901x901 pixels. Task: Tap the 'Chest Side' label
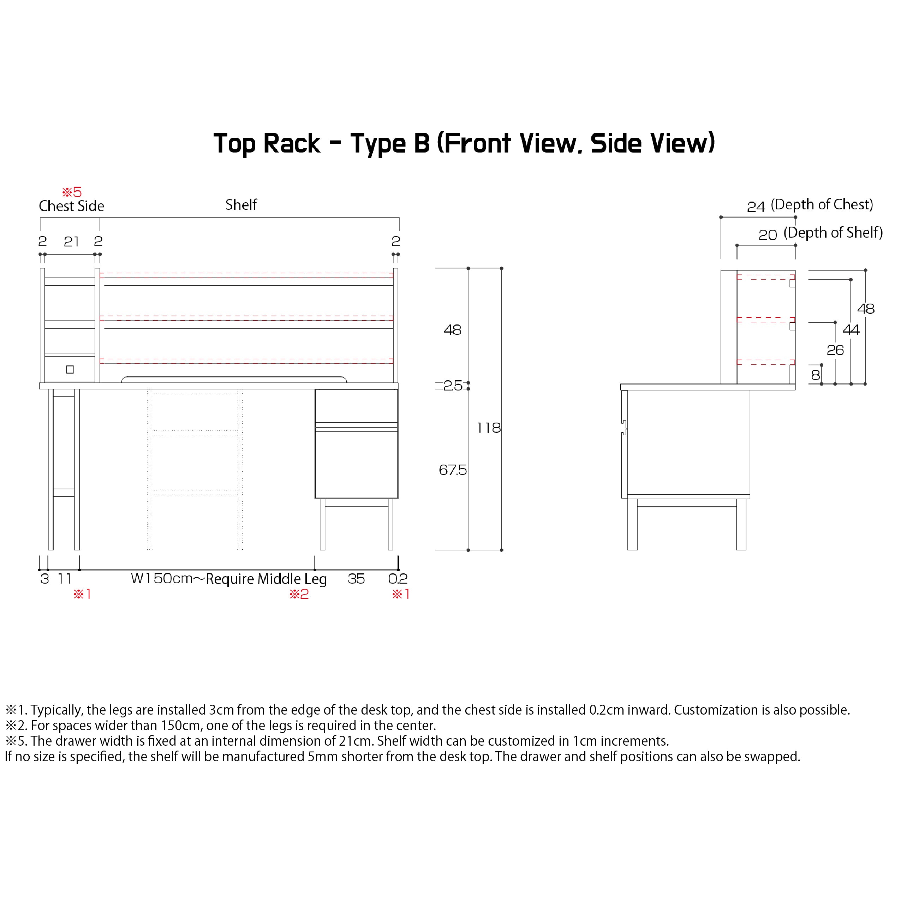71,206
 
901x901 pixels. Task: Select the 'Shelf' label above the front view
241,205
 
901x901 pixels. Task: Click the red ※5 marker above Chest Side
72,192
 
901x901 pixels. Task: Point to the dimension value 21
71,241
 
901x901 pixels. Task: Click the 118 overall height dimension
488,428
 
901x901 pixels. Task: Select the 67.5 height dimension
452,470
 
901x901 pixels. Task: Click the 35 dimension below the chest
356,579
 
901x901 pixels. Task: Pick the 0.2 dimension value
398,579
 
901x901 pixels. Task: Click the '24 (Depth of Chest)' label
810,205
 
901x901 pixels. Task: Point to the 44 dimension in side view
851,330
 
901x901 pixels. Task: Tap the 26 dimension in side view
835,350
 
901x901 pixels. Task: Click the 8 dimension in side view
815,375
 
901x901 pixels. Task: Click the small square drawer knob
70,369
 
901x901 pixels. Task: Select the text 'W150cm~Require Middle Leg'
228,579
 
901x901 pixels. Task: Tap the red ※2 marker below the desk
299,594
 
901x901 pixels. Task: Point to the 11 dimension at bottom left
64,579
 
